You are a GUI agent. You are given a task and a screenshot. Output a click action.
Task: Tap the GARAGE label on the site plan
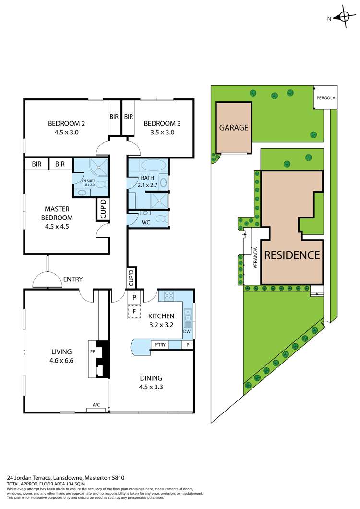(234, 128)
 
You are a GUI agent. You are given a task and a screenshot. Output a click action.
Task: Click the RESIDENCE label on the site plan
(292, 255)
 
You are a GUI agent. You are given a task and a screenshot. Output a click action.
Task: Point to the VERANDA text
(256, 258)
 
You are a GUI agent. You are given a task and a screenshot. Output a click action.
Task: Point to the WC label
(145, 223)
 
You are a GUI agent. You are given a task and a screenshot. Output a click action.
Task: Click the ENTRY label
(72, 279)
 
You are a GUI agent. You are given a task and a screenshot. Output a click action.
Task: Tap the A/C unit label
(96, 405)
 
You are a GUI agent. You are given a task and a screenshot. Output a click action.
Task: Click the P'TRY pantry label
(158, 344)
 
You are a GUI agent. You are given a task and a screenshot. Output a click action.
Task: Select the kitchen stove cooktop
(169, 296)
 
